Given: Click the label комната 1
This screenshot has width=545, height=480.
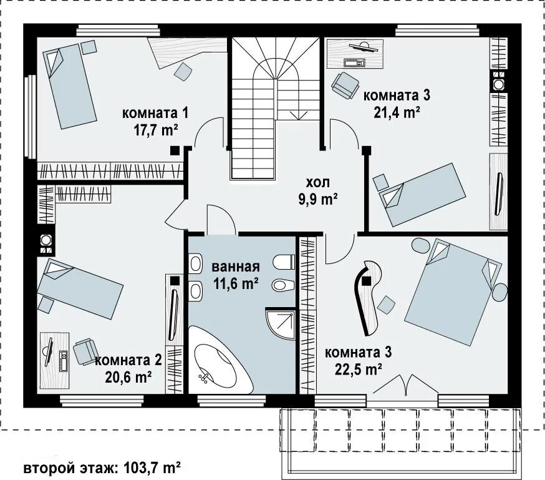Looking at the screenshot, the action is tap(155, 114).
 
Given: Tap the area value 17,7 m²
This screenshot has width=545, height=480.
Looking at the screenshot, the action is tap(156, 130).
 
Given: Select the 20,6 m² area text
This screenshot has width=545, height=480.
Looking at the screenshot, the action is tap(128, 377).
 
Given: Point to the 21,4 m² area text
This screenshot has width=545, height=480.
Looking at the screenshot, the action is tap(397, 112).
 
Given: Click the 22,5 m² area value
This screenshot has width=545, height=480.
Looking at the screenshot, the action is tap(359, 369).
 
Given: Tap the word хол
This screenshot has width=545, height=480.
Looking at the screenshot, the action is tap(317, 183).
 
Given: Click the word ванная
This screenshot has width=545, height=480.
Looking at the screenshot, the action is tap(236, 267).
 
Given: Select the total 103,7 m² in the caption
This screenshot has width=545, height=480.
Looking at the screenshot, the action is tap(152, 468).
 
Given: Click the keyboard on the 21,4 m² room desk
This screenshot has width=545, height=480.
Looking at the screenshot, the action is tap(354, 62).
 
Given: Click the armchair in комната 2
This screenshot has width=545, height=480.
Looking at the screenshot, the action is tap(84, 351).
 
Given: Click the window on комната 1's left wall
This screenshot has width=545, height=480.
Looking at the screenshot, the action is tap(31, 117).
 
